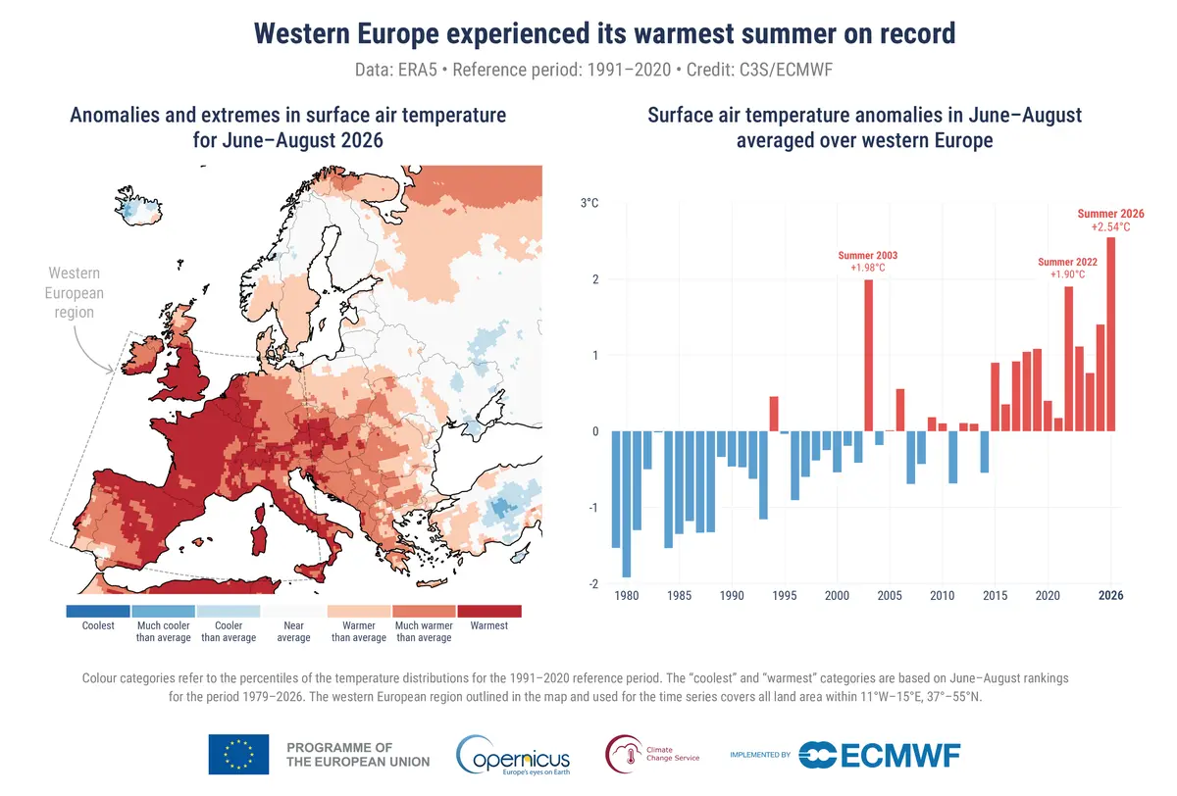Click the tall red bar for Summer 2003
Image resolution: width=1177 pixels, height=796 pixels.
point(868,356)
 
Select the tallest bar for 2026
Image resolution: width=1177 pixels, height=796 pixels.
point(1110,334)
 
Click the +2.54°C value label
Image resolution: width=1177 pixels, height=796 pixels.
point(1110,227)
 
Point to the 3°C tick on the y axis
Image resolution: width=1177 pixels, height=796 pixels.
point(589,203)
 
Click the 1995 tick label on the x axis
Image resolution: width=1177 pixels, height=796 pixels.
point(785,595)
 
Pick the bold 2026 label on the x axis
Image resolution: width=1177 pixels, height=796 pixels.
point(1110,595)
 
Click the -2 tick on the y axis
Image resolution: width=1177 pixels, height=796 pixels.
point(593,584)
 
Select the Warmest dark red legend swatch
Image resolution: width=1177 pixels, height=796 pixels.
point(489,611)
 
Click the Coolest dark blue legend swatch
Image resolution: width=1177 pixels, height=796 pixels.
point(98,611)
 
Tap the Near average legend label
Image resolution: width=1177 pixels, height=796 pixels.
point(293,631)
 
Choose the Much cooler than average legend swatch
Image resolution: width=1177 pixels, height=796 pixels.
point(164,611)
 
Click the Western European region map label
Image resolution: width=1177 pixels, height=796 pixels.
point(75,292)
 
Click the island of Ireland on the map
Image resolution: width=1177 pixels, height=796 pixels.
point(143,355)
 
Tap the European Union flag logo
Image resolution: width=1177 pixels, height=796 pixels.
point(238,754)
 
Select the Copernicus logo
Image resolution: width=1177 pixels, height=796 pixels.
point(513,755)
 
